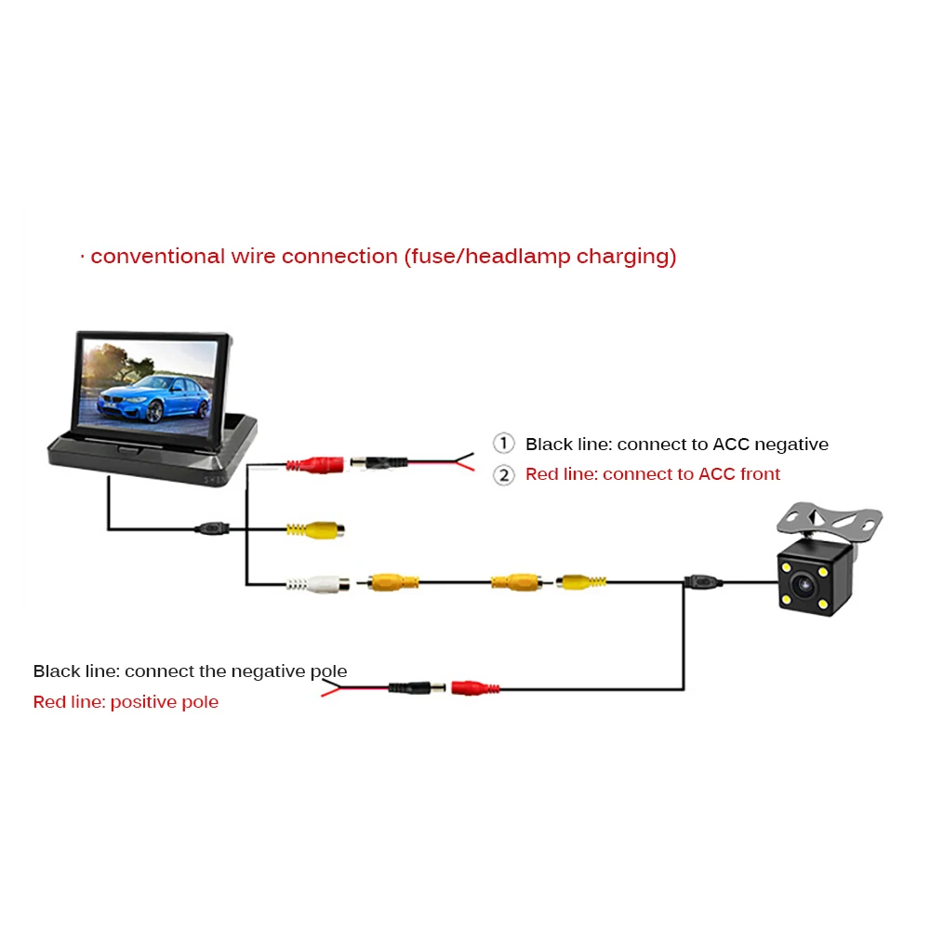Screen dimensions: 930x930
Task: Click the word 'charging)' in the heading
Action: (627, 257)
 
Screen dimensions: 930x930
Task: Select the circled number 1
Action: (503, 444)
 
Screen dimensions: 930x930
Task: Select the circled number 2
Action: (503, 474)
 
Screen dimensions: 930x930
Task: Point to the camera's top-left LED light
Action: (787, 567)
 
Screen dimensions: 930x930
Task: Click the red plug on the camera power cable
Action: (475, 688)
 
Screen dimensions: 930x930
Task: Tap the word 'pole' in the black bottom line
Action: (326, 671)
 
